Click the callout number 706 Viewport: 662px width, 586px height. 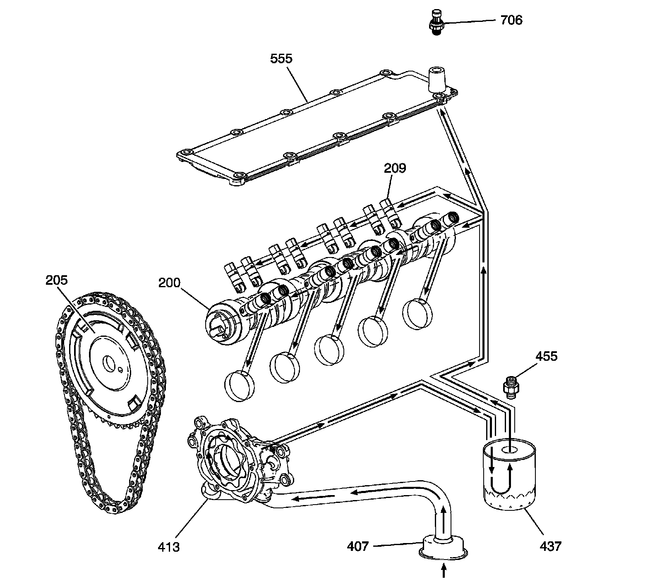511,20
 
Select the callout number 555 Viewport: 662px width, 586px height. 281,58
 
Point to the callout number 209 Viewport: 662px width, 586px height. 395,168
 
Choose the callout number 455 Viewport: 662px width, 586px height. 546,356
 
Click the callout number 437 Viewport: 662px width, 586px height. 550,546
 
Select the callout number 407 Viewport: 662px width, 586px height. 357,546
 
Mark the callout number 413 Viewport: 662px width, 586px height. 169,547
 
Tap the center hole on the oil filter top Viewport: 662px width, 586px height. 509,449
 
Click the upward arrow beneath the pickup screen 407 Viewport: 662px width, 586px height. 444,572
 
